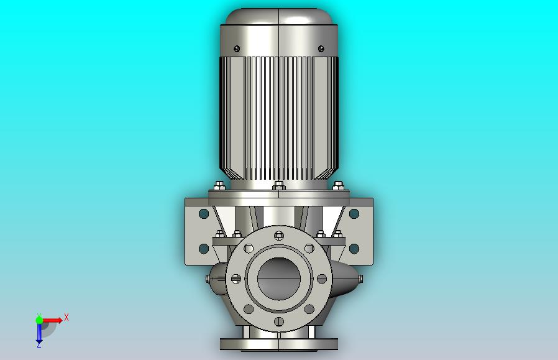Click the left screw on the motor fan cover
pyautogui.click(x=237, y=48)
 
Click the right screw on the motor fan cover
pyautogui.click(x=321, y=48)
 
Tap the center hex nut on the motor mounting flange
pyautogui.click(x=279, y=185)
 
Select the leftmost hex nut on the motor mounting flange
pyautogui.click(x=219, y=185)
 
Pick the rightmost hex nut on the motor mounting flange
pyautogui.click(x=338, y=185)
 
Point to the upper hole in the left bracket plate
pyautogui.click(x=204, y=214)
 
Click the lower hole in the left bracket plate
pyautogui.click(x=204, y=249)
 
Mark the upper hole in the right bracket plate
pyautogui.click(x=354, y=214)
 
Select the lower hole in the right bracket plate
pyautogui.click(x=354, y=249)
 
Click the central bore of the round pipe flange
pyautogui.click(x=279, y=279)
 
